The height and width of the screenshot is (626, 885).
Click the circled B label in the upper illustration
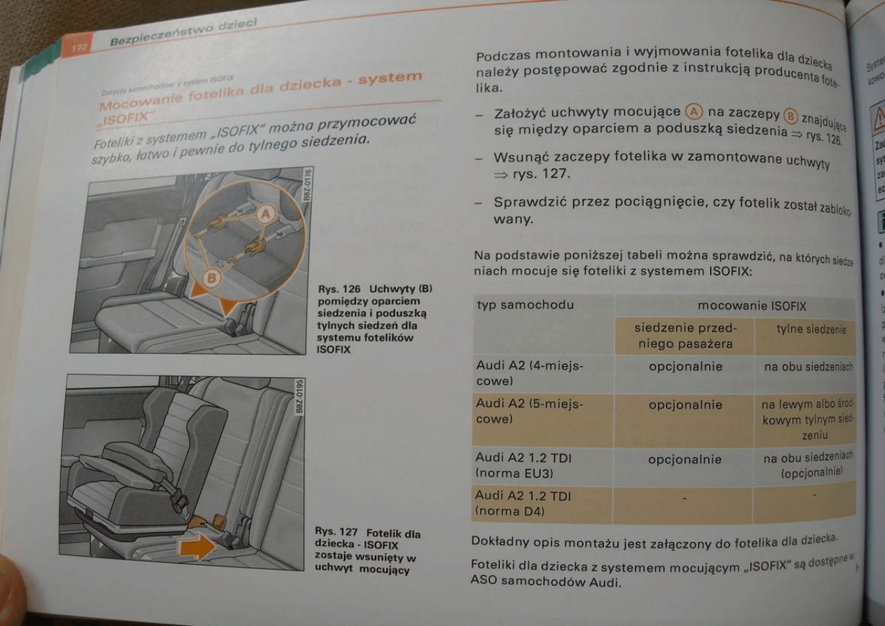click(211, 279)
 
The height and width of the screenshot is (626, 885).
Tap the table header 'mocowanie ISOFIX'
click(751, 306)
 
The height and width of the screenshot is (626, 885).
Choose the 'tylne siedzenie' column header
click(811, 329)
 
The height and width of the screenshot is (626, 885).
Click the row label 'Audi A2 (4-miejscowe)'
click(519, 373)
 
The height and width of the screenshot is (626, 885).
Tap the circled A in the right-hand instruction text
click(694, 112)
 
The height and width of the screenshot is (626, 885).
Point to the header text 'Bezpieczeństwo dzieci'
click(184, 32)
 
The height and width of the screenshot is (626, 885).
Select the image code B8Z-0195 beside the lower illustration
click(299, 397)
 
